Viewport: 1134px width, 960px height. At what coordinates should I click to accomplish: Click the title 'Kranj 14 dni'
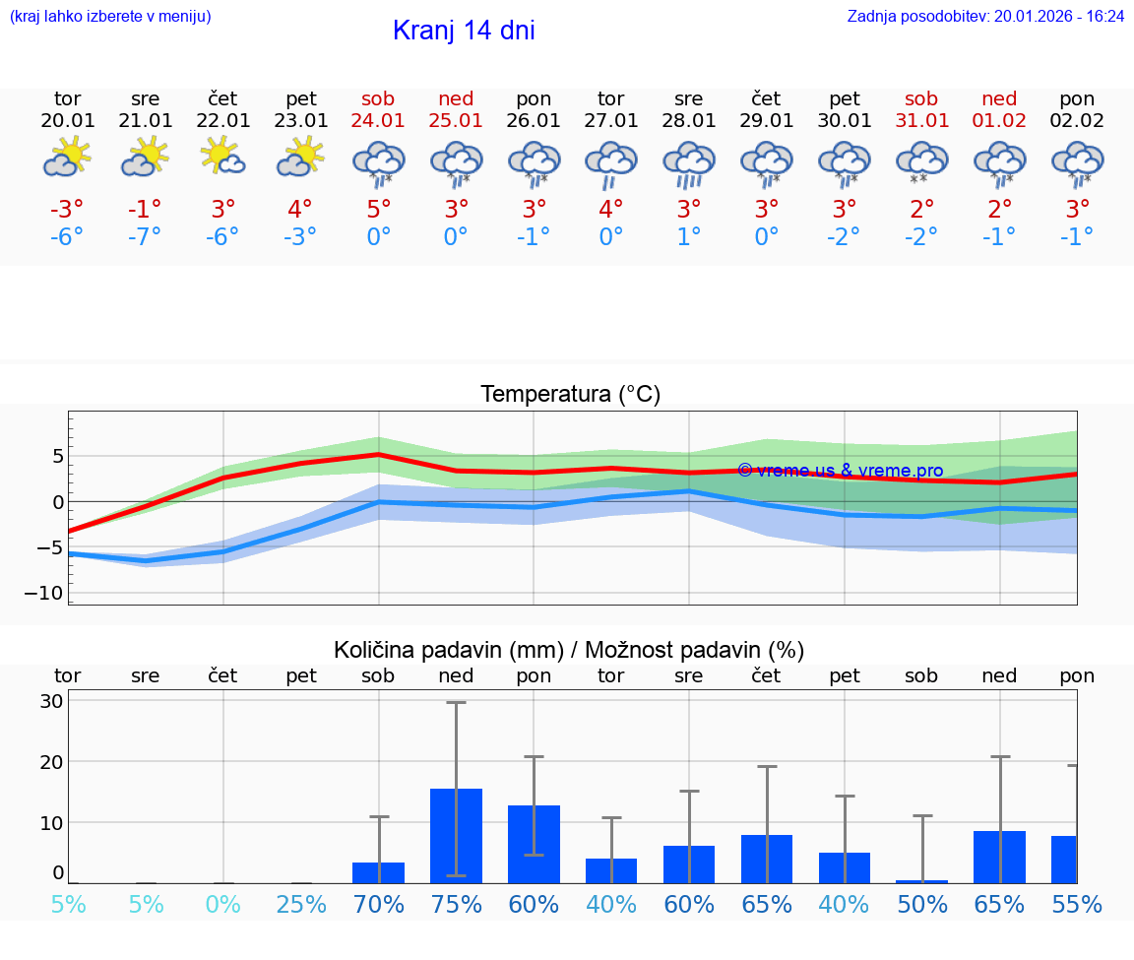point(464,31)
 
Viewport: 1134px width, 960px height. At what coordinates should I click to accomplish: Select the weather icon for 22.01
point(222,157)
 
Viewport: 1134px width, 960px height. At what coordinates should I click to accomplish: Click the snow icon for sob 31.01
point(921,161)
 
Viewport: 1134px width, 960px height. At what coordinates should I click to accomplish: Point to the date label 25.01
point(456,120)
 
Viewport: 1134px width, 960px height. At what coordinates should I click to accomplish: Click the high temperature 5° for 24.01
point(379,209)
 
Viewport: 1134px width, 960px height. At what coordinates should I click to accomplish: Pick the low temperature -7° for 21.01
point(145,237)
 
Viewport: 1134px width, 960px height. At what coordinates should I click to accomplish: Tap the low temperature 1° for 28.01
point(689,237)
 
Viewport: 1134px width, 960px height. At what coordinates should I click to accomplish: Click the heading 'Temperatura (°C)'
point(570,395)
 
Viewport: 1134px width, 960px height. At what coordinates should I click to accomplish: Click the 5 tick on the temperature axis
point(58,456)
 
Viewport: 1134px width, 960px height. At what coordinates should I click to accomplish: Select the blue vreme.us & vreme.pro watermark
point(841,471)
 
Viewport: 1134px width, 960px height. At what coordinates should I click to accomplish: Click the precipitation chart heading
point(569,650)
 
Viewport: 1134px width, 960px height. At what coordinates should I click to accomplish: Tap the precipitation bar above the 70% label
point(379,872)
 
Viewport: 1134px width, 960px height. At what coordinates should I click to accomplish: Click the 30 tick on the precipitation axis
point(51,701)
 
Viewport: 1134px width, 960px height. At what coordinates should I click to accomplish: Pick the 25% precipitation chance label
point(300,904)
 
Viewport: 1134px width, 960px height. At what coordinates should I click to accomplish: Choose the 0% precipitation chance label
point(223,904)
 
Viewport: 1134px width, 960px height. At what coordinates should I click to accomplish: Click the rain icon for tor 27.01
point(611,162)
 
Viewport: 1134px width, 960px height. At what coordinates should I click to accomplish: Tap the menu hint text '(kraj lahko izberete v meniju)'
point(110,16)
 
